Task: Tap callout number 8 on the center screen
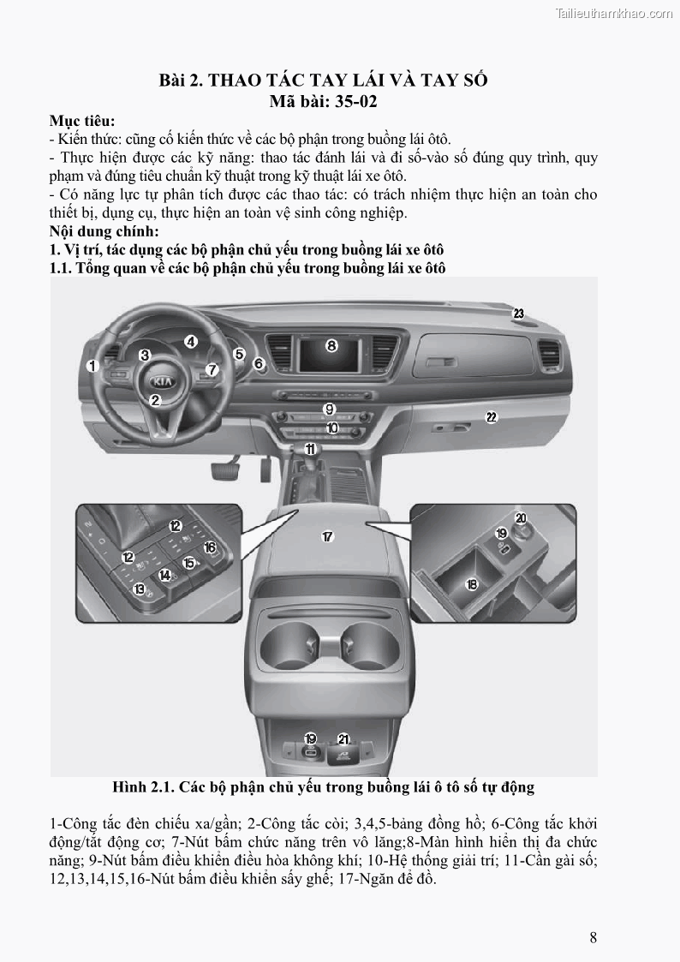coord(331,346)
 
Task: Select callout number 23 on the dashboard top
coord(518,314)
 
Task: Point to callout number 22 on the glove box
coord(491,417)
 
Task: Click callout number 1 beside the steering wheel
coord(92,366)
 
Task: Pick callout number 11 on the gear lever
coord(310,448)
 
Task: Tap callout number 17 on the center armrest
coord(326,537)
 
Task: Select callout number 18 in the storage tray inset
coord(471,584)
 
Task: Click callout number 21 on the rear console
coord(343,738)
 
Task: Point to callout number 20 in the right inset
coord(520,517)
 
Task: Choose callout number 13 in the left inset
coord(140,589)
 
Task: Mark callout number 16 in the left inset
coord(210,547)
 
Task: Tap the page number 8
coord(593,936)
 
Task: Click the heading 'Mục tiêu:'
coord(82,121)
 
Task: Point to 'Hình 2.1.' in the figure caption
coord(141,786)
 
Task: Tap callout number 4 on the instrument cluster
coord(191,341)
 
